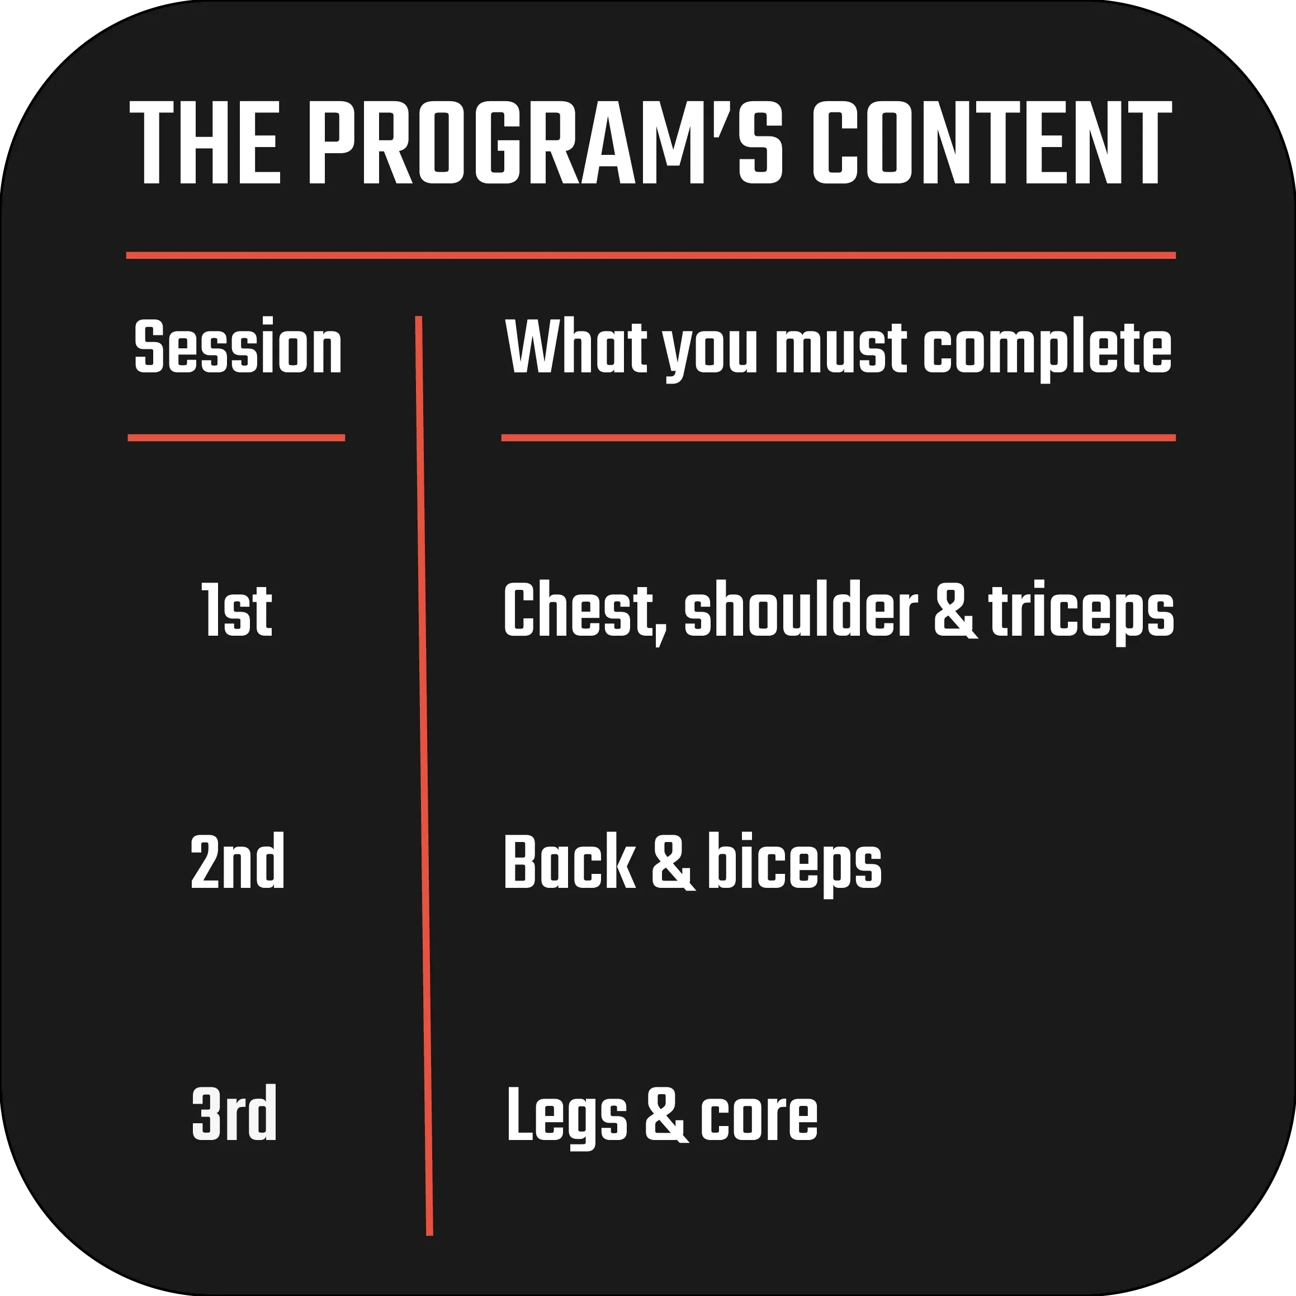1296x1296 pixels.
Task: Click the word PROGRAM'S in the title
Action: (546, 142)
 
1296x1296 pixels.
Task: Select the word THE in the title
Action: (205, 142)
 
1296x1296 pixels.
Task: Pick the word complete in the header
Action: (1047, 349)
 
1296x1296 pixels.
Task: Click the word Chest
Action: (585, 612)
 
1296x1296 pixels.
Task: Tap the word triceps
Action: (1081, 612)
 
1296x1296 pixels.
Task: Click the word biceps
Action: (795, 865)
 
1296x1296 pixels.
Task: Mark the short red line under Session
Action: (236, 438)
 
